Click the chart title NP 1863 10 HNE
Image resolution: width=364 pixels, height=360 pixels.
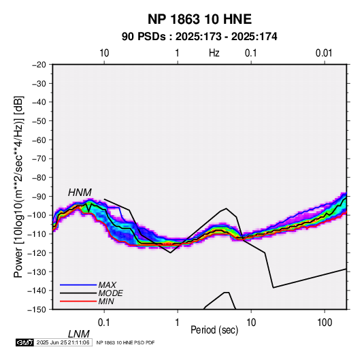199,19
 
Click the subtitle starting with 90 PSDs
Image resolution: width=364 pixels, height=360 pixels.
199,37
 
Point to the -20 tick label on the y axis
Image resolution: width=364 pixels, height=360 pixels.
39,65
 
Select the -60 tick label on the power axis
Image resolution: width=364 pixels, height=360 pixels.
39,140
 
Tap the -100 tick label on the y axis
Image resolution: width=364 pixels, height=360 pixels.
37,215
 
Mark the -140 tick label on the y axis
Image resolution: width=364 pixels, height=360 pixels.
37,291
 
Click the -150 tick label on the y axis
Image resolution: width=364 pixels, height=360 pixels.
37,310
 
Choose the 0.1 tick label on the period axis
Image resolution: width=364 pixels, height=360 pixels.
104,323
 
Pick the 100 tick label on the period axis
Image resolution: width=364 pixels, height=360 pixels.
325,323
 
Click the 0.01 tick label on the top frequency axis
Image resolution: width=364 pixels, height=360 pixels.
324,53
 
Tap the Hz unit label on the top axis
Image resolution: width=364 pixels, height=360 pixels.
214,53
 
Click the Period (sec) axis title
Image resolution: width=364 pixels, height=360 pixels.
214,330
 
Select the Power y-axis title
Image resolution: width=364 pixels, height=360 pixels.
18,187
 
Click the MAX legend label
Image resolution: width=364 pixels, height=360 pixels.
107,285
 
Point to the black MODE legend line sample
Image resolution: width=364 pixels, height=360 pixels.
78,293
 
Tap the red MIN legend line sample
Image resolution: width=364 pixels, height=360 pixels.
78,301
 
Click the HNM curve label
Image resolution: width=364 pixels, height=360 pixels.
80,193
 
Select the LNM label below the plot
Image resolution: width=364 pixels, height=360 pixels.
79,334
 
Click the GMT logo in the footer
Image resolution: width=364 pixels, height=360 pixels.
25,342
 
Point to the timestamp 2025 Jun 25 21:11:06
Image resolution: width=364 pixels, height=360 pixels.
63,342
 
